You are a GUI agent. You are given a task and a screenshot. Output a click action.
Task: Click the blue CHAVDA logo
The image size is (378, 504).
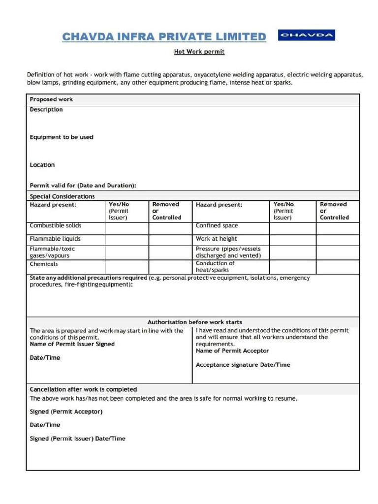point(306,35)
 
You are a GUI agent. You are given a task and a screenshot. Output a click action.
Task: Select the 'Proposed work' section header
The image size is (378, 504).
point(51,99)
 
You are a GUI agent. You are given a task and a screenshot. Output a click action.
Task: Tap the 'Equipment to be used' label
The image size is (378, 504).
point(62,137)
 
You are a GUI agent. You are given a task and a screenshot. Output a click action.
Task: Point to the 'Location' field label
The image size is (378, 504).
point(42,165)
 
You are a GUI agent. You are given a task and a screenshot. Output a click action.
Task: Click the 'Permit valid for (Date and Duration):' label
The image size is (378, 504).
point(83,186)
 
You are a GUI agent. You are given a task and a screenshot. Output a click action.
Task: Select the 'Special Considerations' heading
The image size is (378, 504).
point(62,196)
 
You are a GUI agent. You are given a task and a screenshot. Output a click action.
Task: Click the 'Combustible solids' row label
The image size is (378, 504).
point(56,225)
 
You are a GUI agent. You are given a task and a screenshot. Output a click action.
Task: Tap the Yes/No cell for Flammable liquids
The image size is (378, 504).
point(126,239)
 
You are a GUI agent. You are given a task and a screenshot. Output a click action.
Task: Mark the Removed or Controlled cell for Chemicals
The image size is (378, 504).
point(170,267)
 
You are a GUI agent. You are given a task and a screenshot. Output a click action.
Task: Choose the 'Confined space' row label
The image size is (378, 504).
point(217,225)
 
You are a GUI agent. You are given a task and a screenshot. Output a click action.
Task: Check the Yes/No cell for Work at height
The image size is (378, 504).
point(292,239)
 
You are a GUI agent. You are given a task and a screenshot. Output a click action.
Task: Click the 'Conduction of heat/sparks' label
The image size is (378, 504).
point(215,267)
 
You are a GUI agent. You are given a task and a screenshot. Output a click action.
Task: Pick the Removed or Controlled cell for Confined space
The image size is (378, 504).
point(337,228)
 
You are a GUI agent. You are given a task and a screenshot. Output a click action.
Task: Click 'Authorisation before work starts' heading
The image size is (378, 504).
point(195,322)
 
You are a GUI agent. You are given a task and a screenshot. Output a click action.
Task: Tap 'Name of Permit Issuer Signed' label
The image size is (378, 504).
point(72,344)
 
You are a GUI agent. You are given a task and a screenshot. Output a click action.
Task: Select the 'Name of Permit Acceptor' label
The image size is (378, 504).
point(232,351)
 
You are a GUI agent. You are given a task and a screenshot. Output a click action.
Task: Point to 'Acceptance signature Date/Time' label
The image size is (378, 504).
point(243,365)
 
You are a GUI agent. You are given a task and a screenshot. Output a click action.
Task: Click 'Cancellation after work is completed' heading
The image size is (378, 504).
point(83,389)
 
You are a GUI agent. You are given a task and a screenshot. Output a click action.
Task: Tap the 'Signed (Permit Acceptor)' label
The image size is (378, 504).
point(66,411)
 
